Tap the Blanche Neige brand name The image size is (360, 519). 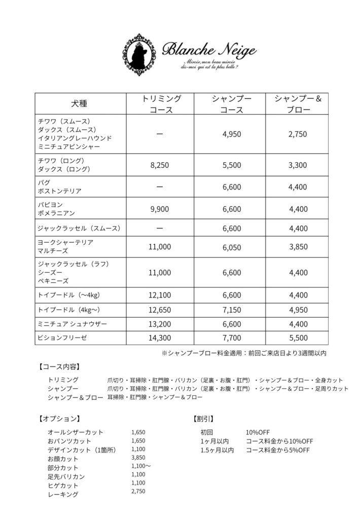(x=209, y=50)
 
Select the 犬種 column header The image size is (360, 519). (x=79, y=104)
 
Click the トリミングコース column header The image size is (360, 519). (x=161, y=104)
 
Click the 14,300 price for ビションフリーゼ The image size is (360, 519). (x=161, y=338)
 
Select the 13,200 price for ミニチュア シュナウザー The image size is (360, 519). (x=161, y=323)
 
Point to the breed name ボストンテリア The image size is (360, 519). (x=60, y=191)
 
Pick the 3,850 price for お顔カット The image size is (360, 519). (x=138, y=458)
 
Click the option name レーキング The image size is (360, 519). (x=63, y=495)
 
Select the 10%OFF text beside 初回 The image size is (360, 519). (x=258, y=432)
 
